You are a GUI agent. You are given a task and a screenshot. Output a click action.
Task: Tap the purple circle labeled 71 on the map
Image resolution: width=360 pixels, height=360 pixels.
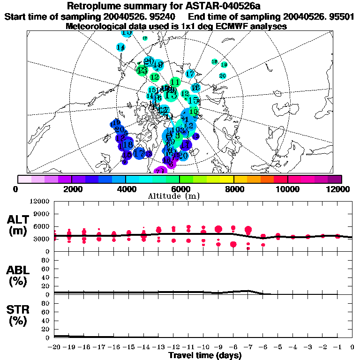pos(160,172)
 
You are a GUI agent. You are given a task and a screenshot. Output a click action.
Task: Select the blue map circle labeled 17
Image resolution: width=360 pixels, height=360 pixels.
pos(139,153)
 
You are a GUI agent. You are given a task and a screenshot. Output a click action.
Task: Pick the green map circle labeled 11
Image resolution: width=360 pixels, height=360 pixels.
pos(175,82)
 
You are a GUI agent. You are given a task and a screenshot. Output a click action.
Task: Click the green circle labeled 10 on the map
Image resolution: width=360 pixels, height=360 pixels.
pos(193,112)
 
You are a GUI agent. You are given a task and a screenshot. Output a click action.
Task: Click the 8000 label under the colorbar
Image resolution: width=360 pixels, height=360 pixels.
pos(234,189)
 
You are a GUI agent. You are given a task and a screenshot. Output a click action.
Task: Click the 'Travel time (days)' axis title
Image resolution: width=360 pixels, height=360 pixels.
pos(205,355)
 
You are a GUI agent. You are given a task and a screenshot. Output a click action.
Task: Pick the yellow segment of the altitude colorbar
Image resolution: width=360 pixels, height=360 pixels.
pos(227,179)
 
